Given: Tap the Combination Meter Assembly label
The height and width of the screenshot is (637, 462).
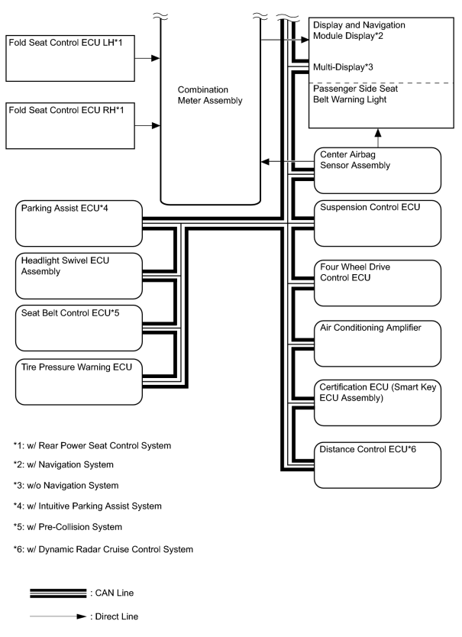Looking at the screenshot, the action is point(210,95).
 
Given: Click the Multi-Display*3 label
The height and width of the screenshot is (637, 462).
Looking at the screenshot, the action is point(343,67).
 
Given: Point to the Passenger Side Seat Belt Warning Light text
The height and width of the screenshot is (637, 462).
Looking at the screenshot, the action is point(355,94).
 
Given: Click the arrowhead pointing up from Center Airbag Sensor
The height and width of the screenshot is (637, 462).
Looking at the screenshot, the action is point(378,133).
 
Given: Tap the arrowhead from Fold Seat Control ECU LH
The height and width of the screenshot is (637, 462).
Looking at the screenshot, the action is point(156,59).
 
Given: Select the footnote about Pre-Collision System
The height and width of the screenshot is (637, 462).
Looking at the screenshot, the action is point(67,527).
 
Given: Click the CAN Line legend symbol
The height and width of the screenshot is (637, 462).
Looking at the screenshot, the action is point(58,593).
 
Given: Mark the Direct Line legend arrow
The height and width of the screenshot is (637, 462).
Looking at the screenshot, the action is point(58,616).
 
